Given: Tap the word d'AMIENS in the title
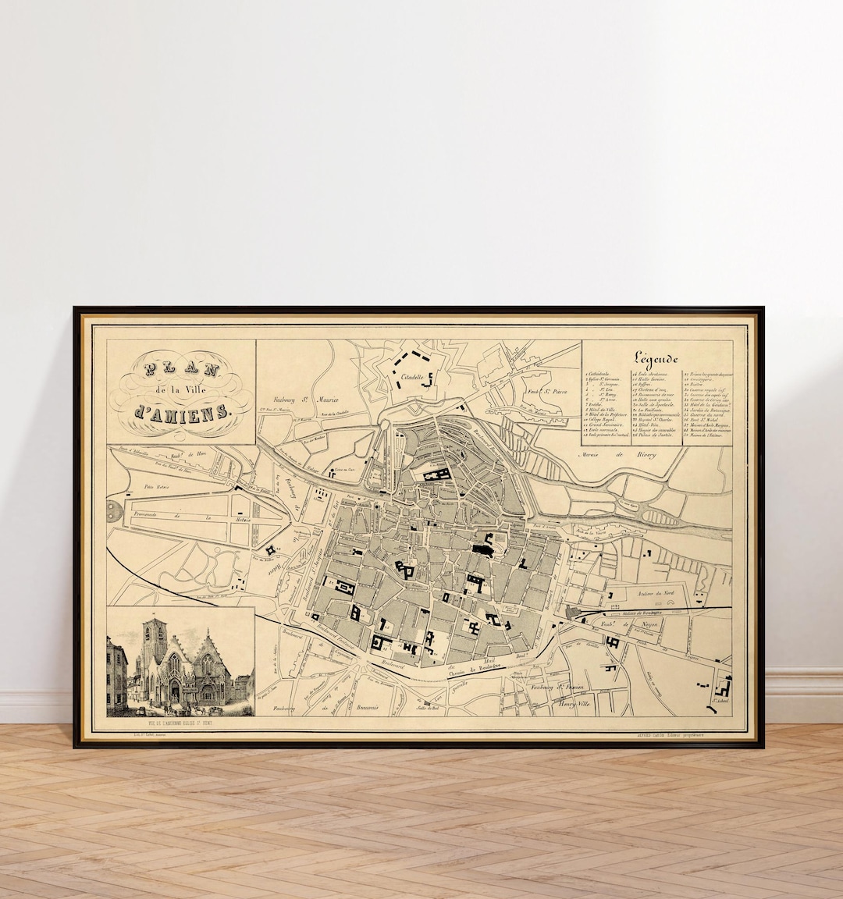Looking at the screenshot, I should [182, 411].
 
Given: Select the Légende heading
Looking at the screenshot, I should [656, 357].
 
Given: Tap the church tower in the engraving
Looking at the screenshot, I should [155, 640].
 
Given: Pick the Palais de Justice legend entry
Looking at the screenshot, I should [656, 435].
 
